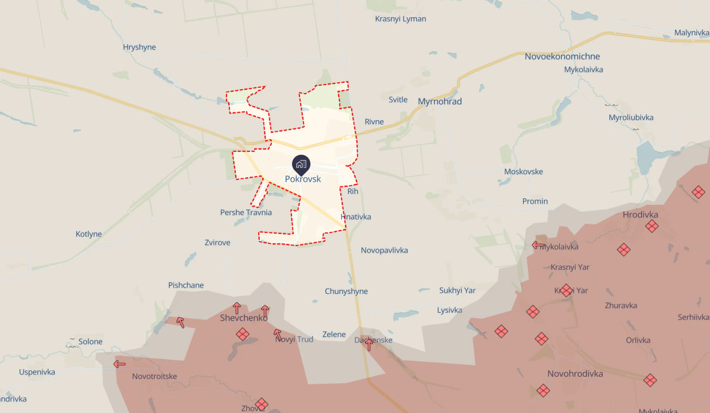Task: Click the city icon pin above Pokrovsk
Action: (x=301, y=164)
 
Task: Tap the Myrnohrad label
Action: (x=440, y=101)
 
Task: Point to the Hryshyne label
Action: (x=139, y=47)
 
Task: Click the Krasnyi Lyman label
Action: (x=401, y=18)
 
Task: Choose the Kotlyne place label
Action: (x=89, y=234)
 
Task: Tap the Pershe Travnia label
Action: (x=246, y=212)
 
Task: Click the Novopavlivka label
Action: (x=384, y=250)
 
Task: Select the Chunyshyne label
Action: (x=346, y=291)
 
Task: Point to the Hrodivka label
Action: (x=640, y=215)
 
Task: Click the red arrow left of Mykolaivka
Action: (x=538, y=245)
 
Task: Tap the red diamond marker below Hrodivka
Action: (x=651, y=226)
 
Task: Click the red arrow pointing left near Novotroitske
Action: (x=120, y=364)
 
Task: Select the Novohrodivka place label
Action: (x=575, y=374)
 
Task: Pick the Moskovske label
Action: (x=523, y=171)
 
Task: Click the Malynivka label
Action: (x=692, y=32)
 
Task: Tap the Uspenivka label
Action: (x=37, y=372)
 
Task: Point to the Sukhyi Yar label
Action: (x=457, y=290)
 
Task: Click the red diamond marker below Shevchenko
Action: (x=243, y=334)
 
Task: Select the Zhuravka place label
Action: (x=620, y=305)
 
